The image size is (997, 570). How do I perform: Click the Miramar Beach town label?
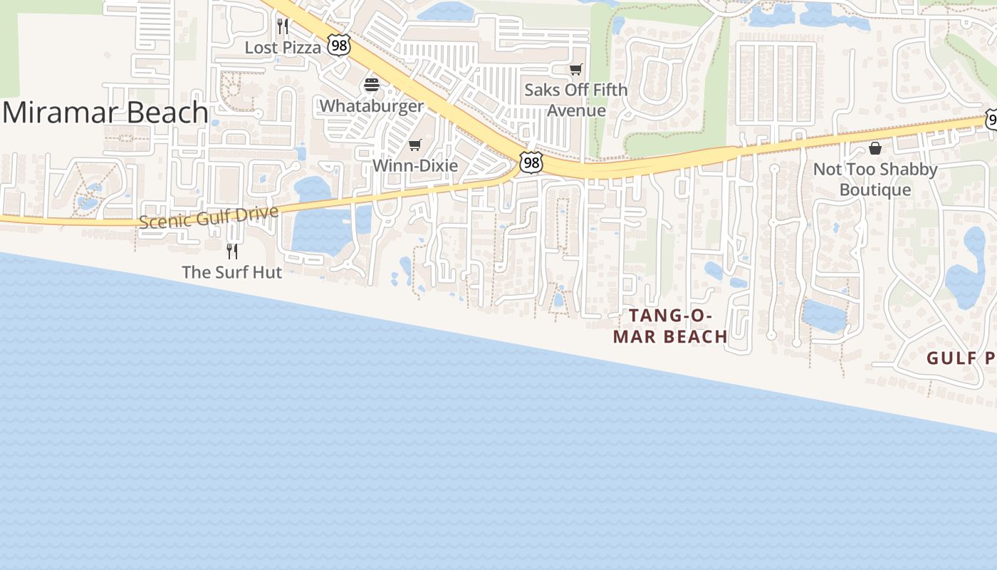tap(105, 113)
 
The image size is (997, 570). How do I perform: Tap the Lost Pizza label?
tap(283, 47)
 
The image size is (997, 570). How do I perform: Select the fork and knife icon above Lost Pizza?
tap(283, 27)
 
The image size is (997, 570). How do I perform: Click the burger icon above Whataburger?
tap(371, 85)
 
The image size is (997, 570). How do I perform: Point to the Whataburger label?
tap(371, 105)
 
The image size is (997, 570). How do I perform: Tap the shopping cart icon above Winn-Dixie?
tap(415, 145)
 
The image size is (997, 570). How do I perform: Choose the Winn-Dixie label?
tap(415, 165)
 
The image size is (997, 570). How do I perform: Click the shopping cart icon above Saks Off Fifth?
tap(575, 69)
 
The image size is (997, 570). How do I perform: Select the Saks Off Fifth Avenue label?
tap(575, 100)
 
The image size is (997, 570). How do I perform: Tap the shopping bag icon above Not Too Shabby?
tap(875, 148)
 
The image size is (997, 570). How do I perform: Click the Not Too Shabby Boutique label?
tap(875, 179)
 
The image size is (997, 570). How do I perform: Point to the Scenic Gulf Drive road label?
tap(208, 217)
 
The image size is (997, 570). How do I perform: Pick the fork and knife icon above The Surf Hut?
tap(232, 251)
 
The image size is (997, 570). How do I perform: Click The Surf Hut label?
tap(232, 271)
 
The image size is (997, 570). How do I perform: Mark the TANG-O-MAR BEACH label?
tap(670, 326)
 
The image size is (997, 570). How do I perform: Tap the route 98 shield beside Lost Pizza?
tap(338, 46)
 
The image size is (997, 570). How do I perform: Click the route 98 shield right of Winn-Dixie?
tap(531, 162)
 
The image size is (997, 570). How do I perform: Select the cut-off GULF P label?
tap(961, 358)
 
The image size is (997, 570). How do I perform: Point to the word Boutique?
tap(875, 190)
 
